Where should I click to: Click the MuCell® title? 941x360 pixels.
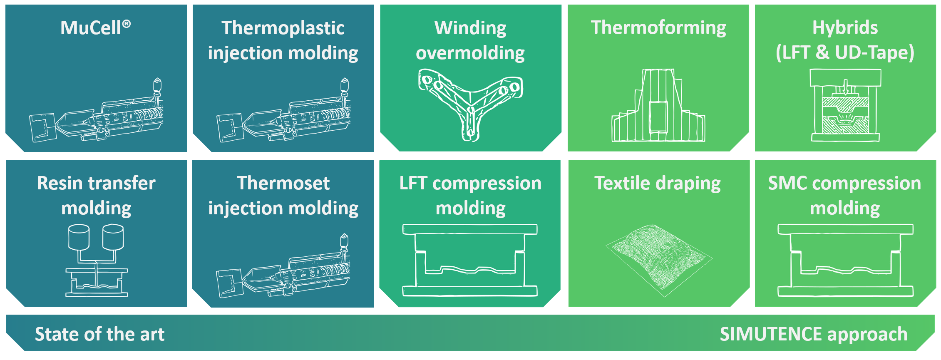[x=96, y=28]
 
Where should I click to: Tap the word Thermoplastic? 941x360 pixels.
[x=283, y=28]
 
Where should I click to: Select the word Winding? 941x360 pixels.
[x=470, y=28]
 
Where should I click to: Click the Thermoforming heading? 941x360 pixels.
[x=658, y=28]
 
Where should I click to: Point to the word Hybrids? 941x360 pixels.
[x=845, y=28]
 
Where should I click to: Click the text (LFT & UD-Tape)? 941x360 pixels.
[x=845, y=53]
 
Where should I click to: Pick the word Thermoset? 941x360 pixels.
[x=283, y=183]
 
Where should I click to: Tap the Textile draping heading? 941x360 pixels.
[x=658, y=184]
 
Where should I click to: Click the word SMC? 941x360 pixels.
[x=787, y=183]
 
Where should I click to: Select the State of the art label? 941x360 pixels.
[x=100, y=334]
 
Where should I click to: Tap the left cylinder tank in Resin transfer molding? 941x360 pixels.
[x=79, y=238]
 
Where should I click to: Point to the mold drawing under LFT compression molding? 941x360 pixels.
[x=470, y=260]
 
